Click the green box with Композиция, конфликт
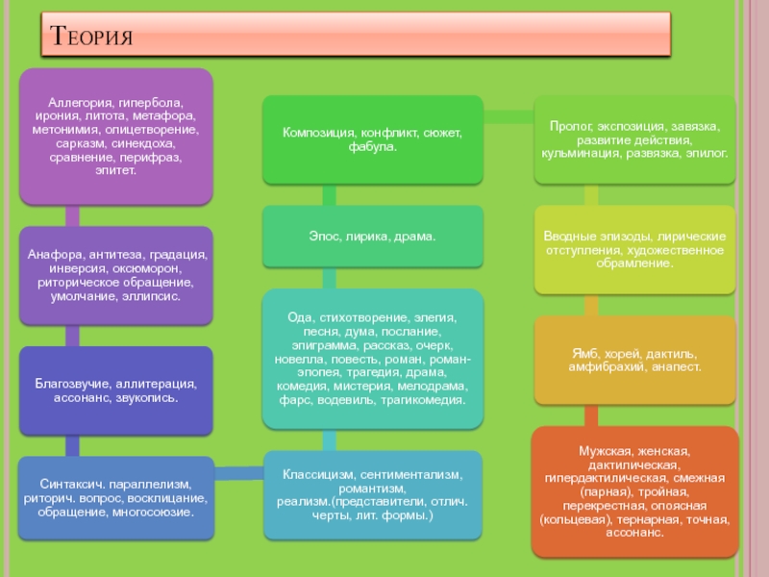click(x=372, y=138)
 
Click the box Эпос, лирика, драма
click(x=372, y=236)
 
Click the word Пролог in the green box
click(x=568, y=126)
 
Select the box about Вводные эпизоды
click(x=634, y=249)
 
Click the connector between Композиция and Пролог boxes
click(x=509, y=117)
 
